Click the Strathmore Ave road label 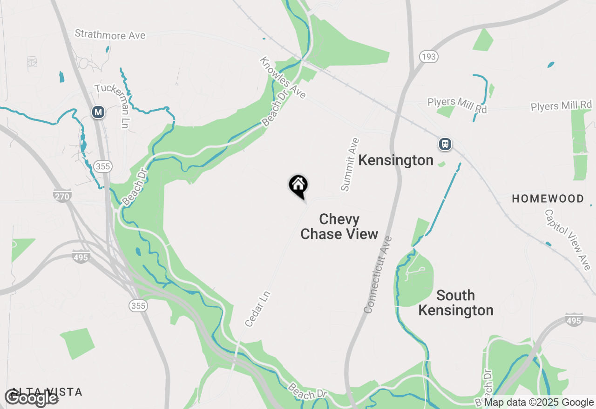110,34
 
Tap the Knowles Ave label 283,78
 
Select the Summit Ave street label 350,165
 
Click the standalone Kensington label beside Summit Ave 396,160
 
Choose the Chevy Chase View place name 339,226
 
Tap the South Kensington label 455,303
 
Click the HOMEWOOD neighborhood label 548,199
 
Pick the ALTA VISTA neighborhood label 47,392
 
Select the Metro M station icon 98,112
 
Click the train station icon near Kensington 445,144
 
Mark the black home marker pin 298,186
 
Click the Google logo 31,398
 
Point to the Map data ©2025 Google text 539,402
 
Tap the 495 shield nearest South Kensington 574,321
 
